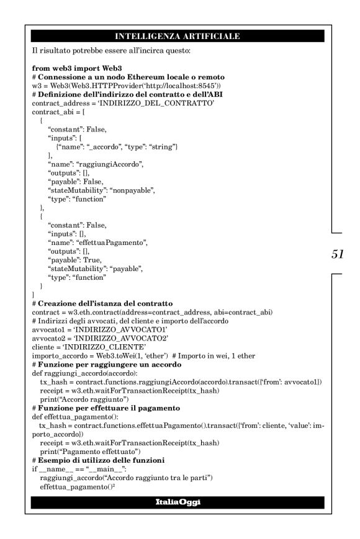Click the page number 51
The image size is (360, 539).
339,254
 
